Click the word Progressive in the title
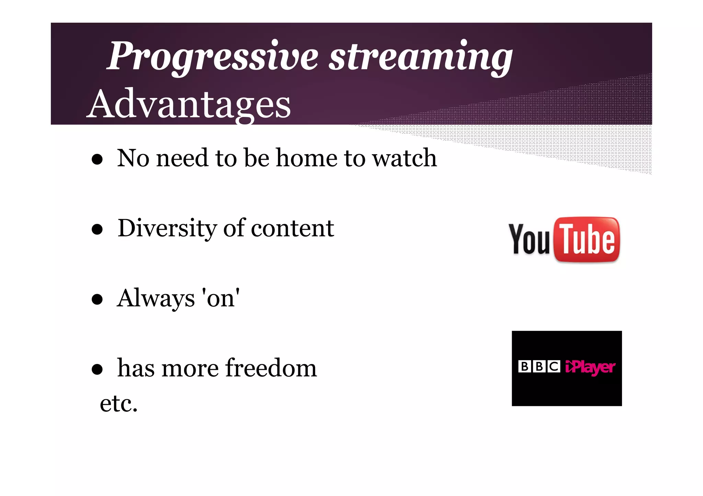pyautogui.click(x=213, y=57)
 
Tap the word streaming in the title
pyautogui.click(x=420, y=57)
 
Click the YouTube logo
pyautogui.click(x=564, y=240)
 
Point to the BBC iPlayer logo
pyautogui.click(x=567, y=368)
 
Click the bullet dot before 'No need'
pyautogui.click(x=97, y=159)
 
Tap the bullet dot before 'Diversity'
pyautogui.click(x=97, y=229)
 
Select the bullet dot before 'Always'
pyautogui.click(x=97, y=299)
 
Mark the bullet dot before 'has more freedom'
pyautogui.click(x=97, y=369)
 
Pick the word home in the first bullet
pyautogui.click(x=307, y=158)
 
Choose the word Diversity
pyautogui.click(x=167, y=228)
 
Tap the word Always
pyautogui.click(x=156, y=298)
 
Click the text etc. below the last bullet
pyautogui.click(x=118, y=403)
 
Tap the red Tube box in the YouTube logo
pyautogui.click(x=587, y=240)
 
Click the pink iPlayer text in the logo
pyautogui.click(x=590, y=367)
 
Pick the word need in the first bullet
pyautogui.click(x=182, y=158)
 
